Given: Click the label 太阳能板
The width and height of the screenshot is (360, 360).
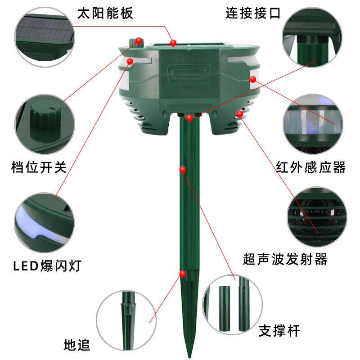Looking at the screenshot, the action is point(105,13).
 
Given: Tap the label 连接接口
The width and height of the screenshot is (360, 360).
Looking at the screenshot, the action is point(253,13).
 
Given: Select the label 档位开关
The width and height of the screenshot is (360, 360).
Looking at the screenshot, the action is point(39,167).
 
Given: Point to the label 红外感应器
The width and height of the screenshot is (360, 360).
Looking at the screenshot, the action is point(310,167).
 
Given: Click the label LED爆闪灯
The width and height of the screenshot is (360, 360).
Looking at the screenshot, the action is point(47,266).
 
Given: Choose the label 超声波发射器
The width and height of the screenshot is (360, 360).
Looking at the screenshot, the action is point(285,259).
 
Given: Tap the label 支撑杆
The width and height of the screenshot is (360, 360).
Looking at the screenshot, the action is point(279,331).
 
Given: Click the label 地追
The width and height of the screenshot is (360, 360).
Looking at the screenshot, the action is point(76,345).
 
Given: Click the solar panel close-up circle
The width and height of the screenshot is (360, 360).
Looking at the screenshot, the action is point(45,37).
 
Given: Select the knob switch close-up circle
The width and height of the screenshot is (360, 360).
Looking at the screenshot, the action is point(45,124).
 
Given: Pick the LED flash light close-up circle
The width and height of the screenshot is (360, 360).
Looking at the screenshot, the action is point(45,222).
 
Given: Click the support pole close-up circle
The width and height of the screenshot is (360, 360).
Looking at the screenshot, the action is point(232,305).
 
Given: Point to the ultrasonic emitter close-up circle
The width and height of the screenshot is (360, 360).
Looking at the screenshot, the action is point(317,217).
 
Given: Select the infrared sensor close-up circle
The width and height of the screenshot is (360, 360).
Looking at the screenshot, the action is point(313,124).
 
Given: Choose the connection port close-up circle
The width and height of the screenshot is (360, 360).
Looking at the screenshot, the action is point(312,37).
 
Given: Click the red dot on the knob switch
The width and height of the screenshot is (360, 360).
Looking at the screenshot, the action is point(139,41).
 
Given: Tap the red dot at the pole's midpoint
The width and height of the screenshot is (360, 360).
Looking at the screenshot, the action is point(183,170).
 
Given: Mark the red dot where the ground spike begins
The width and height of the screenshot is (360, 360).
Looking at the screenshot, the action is point(183,274).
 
